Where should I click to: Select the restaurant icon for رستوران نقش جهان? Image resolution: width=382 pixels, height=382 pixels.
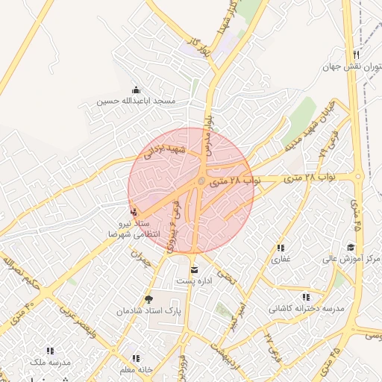tap(357, 55)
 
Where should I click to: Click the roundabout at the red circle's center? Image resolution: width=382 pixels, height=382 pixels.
tap(201, 181)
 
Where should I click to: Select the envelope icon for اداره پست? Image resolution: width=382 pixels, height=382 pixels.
tap(195, 270)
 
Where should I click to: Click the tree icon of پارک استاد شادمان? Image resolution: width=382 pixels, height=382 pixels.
tap(148, 299)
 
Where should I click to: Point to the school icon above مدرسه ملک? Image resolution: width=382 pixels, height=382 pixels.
tap(50, 351)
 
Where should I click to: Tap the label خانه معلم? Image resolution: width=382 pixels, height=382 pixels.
tap(135, 369)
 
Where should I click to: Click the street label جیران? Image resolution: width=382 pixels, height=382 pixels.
tap(141, 257)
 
